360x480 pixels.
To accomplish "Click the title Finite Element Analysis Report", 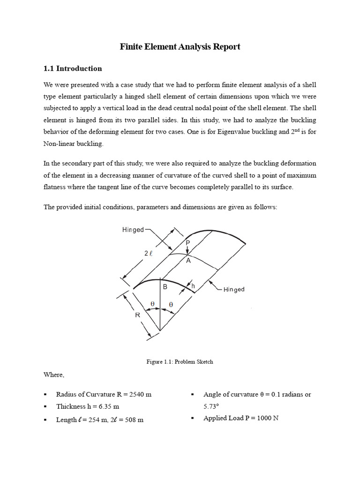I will click(x=180, y=46).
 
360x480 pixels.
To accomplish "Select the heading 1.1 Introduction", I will click(x=72, y=68).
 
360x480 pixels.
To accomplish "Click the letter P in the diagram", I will click(x=187, y=243).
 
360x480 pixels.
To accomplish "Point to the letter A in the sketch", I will click(x=188, y=261).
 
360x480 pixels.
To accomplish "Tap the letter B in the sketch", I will click(x=165, y=287).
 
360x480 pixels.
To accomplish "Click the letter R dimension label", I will click(x=138, y=315).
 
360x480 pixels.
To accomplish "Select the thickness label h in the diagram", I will click(x=193, y=285).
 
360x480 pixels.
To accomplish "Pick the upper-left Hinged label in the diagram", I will click(x=133, y=230).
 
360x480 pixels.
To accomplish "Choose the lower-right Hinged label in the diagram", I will click(x=233, y=289).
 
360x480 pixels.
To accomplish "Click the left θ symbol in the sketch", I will click(x=152, y=304).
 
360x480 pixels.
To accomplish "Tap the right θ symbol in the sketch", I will click(x=171, y=304).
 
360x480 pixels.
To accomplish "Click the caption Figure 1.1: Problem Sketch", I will click(x=180, y=361).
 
